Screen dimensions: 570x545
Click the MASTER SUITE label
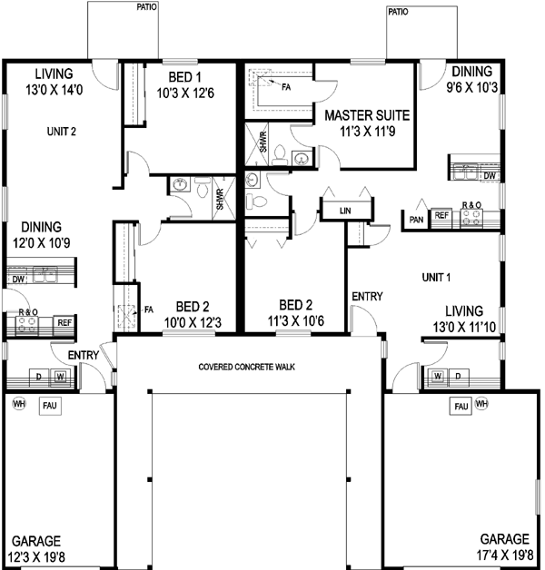(362, 123)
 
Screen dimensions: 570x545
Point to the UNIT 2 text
(62, 131)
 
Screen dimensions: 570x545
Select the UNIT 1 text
(438, 276)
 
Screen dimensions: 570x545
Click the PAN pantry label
(416, 219)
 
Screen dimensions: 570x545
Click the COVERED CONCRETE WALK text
(249, 367)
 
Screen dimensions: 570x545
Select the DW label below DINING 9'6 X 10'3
(489, 175)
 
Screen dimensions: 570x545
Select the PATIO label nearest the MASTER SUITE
(397, 12)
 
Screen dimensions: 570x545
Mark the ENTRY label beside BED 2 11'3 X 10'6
(367, 297)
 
